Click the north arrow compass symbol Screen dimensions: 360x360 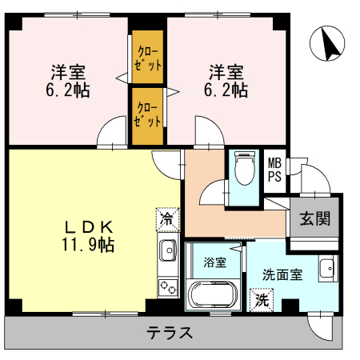point(327,43)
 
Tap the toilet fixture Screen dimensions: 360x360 point(244,169)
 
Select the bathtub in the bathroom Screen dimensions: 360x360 point(213,295)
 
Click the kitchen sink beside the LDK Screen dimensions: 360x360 point(168,250)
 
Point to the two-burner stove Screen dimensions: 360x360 point(168,287)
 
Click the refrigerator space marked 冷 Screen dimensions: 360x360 point(167,219)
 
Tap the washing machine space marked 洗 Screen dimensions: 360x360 point(262,300)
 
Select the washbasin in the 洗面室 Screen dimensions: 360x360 point(328,268)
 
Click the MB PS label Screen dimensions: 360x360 point(274,170)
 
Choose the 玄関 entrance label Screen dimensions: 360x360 point(315,218)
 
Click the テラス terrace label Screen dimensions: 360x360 point(170,333)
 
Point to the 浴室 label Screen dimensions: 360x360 point(215,262)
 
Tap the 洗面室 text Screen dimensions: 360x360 point(282,274)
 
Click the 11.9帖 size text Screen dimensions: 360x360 point(88,245)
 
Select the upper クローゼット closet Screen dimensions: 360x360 point(148,57)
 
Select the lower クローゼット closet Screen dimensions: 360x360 point(148,117)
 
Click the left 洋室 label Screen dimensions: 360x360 point(68,72)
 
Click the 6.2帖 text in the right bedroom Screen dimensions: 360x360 point(226,90)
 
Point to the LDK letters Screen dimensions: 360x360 point(89,227)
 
